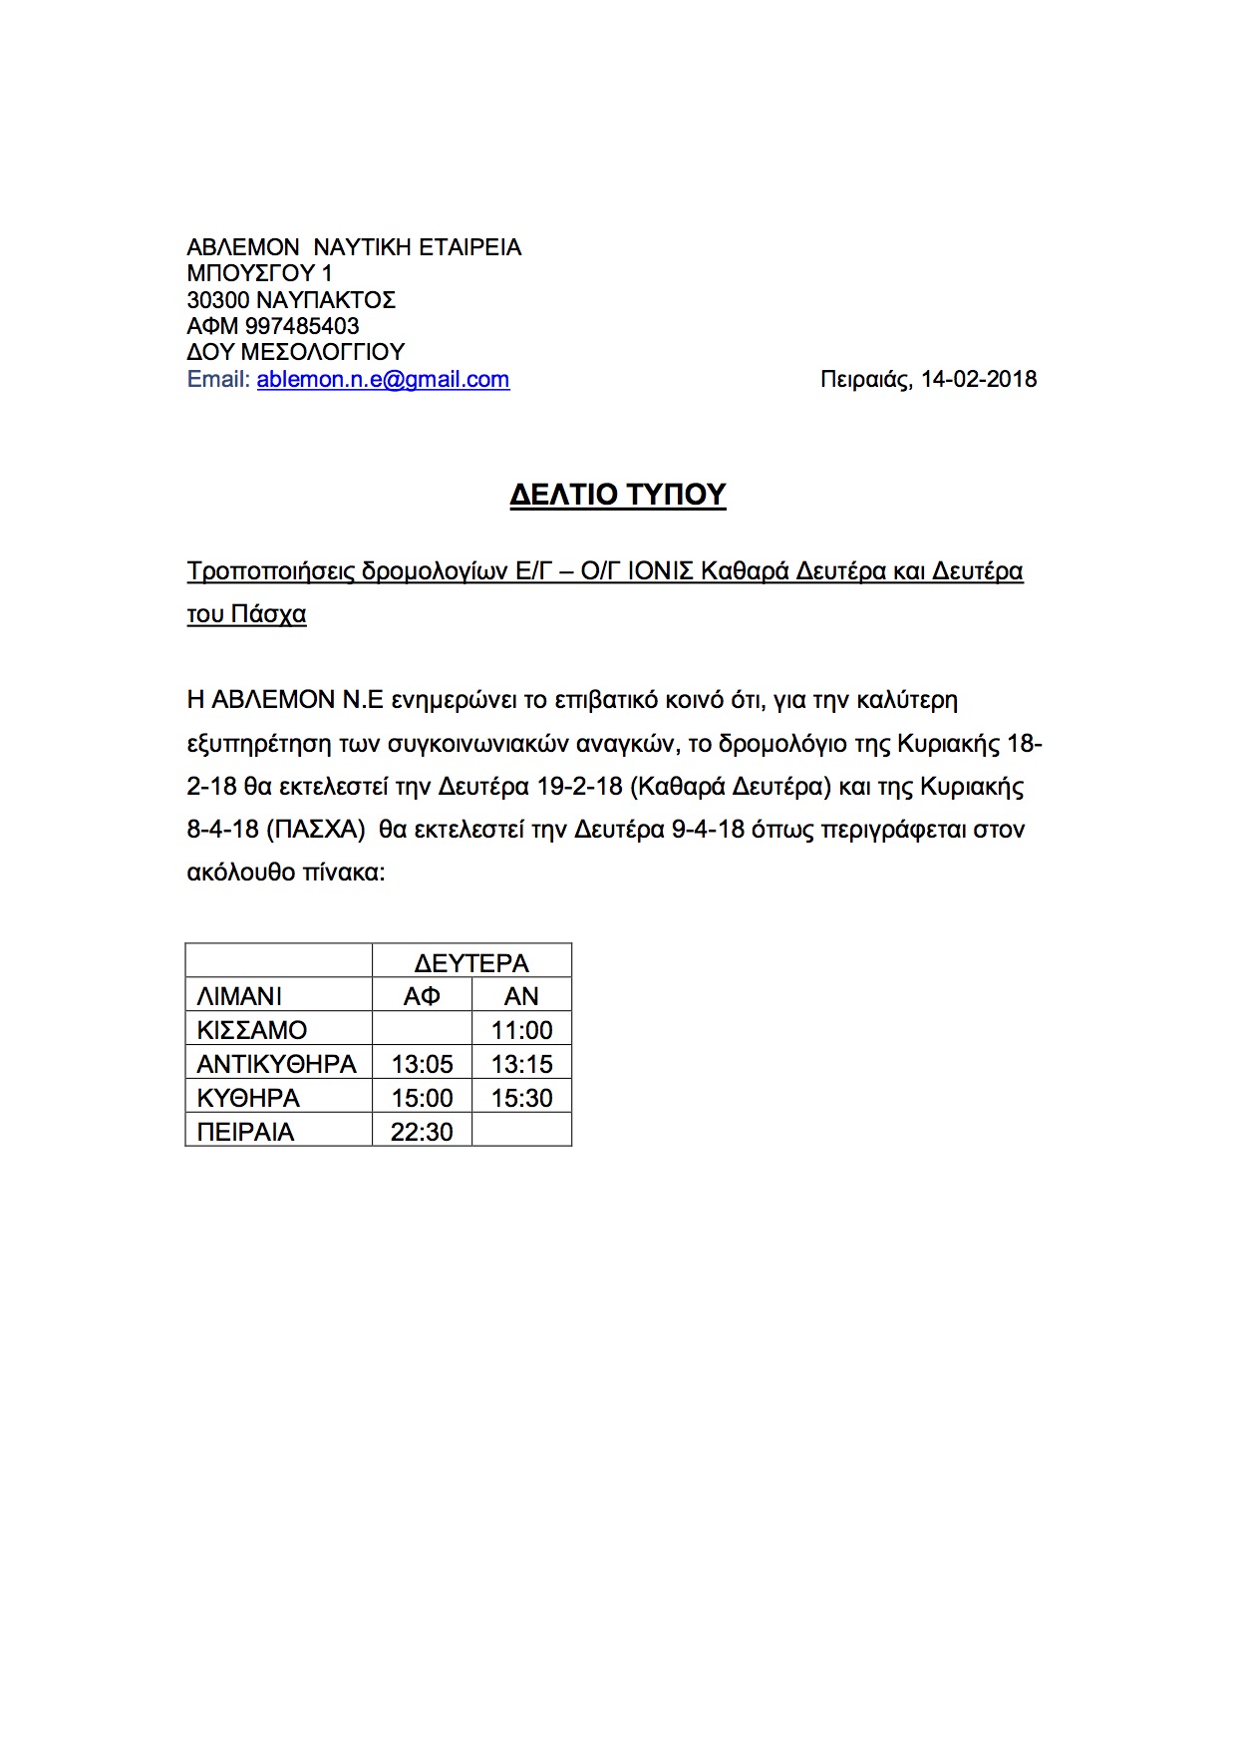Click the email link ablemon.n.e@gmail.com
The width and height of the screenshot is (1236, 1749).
pos(383,380)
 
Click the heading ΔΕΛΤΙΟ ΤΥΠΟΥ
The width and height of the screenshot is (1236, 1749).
pos(617,495)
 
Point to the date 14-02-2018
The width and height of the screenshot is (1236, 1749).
pos(978,380)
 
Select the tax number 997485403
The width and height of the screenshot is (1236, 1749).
pos(302,326)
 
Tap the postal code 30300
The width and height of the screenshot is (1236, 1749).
pos(218,300)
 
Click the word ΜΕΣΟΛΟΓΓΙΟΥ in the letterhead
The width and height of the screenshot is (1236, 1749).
pos(322,352)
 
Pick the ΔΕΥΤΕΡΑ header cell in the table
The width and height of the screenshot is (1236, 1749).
pos(471,963)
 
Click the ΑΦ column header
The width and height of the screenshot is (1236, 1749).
pos(422,996)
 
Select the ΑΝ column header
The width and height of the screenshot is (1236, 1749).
pos(521,996)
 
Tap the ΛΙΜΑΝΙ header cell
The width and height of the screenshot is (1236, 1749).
pos(240,996)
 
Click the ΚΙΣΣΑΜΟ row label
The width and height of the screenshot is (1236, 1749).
pos(252,1030)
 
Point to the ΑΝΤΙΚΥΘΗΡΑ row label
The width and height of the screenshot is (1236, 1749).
pos(277,1064)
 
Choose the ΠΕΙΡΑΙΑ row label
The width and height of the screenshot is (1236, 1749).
pos(246,1132)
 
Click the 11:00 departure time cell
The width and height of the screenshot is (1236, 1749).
pos(521,1030)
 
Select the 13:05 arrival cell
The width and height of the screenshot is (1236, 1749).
pos(422,1064)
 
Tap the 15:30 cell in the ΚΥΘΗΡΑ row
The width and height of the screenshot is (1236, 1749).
pos(521,1098)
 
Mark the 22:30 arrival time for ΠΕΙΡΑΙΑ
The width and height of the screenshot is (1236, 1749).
pos(422,1132)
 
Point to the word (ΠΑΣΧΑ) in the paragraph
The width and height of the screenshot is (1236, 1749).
pos(315,830)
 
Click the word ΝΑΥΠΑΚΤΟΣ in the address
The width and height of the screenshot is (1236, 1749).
pos(326,300)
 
